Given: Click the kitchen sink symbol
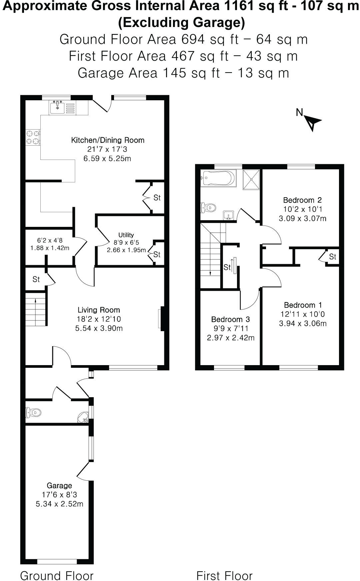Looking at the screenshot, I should [58, 107].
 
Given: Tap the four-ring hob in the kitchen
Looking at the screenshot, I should [33, 138].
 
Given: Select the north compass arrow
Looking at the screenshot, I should [313, 123].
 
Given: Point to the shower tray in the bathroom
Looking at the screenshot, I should [252, 179].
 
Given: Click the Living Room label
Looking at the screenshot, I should [99, 310].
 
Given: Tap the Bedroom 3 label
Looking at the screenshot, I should [230, 319].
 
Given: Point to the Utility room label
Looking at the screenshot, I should [126, 235].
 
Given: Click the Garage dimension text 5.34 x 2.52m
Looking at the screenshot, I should [59, 504].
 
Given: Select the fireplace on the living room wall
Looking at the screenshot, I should [161, 319].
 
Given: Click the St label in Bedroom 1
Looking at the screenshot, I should [333, 257].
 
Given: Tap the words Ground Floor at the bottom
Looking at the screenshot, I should [57, 575].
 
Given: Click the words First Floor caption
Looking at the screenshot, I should [224, 575].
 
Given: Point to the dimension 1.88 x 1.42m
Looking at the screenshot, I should [50, 248].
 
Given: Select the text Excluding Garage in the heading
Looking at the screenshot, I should [182, 23].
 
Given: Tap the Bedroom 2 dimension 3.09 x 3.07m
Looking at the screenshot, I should [302, 219].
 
